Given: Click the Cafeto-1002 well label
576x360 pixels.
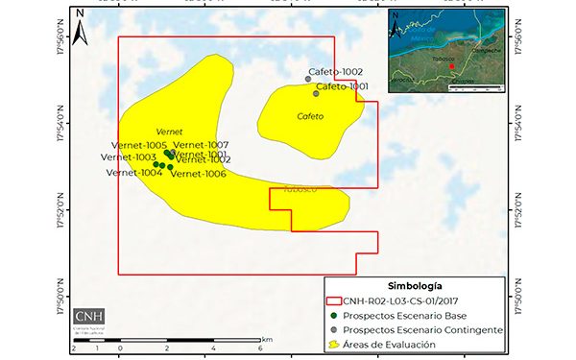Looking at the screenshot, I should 335,72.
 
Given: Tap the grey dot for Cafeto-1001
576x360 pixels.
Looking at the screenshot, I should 316,93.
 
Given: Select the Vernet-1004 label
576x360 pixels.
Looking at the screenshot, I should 133,173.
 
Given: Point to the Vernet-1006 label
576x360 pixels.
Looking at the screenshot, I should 200,174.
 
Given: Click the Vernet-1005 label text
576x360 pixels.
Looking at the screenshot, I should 140,145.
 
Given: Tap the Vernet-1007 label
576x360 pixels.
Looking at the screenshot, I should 201,145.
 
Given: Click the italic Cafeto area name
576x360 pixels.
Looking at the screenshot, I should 310,116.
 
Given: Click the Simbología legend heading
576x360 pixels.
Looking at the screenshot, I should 415,286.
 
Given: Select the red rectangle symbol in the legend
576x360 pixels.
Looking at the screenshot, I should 335,300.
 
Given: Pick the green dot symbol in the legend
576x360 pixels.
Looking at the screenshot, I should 335,315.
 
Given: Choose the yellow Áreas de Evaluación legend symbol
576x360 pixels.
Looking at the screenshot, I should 335,344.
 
